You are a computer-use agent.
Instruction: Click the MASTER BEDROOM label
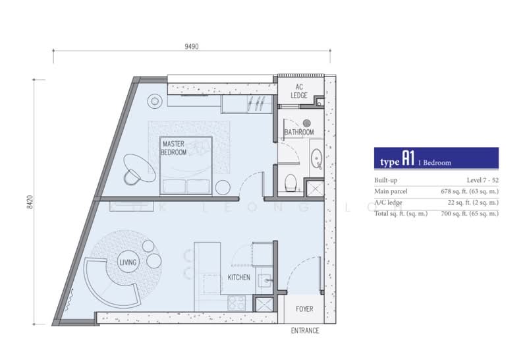174,147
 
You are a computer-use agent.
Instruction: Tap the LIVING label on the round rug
128,262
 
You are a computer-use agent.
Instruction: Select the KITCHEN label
238,278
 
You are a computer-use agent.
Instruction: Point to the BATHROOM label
299,133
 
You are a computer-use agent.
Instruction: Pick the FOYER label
304,309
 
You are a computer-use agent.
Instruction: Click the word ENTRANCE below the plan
305,331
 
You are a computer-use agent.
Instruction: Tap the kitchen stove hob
236,303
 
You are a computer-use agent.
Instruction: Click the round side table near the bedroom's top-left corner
155,101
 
